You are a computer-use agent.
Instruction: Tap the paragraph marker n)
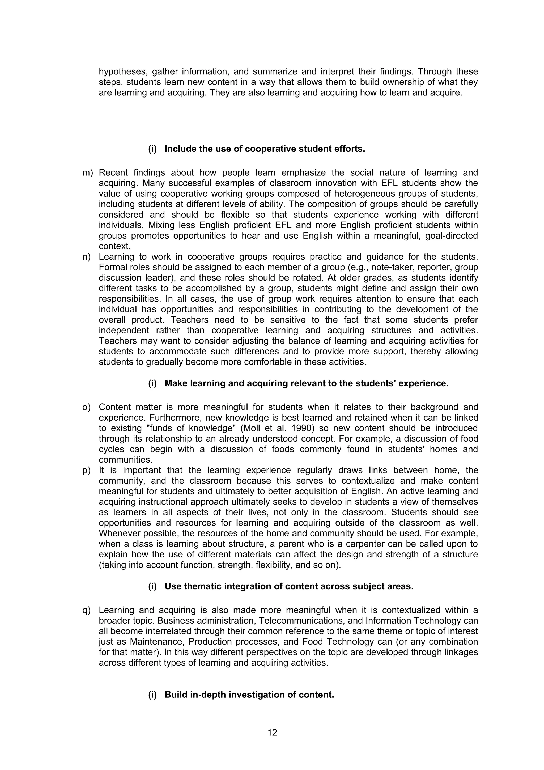[87, 257]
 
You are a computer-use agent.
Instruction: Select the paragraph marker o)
[87, 407]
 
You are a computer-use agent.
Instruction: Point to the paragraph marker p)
[87, 470]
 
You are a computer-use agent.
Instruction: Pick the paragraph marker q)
[87, 610]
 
